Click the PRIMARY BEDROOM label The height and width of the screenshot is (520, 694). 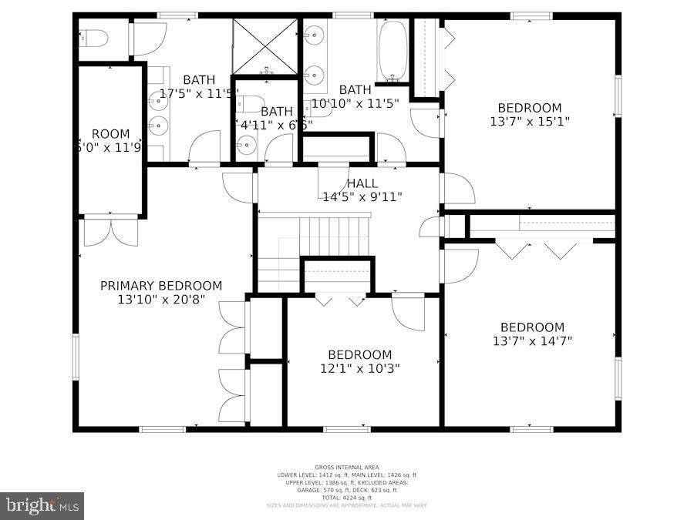point(161,286)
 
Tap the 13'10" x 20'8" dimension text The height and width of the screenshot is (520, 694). point(161,300)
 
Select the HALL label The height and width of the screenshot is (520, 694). point(362,183)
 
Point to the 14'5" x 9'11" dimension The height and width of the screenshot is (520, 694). point(362,196)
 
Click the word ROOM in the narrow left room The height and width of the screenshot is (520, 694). point(111,134)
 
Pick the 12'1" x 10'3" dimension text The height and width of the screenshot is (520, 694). point(359,367)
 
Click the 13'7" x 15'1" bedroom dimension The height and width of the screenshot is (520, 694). point(530,121)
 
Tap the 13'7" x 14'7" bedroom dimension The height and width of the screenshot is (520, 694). point(532,340)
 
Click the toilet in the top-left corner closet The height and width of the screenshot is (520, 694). point(95,38)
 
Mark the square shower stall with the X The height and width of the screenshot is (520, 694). point(265,46)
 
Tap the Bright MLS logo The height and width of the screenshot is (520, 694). point(42,506)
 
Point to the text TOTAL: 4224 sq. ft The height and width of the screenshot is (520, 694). point(346,497)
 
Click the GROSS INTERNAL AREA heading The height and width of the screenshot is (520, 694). point(346,467)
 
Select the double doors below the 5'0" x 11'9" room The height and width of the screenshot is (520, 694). point(111,231)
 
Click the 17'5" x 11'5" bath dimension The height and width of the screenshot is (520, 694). point(199,93)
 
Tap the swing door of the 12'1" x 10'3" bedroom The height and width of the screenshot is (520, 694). point(409,312)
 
